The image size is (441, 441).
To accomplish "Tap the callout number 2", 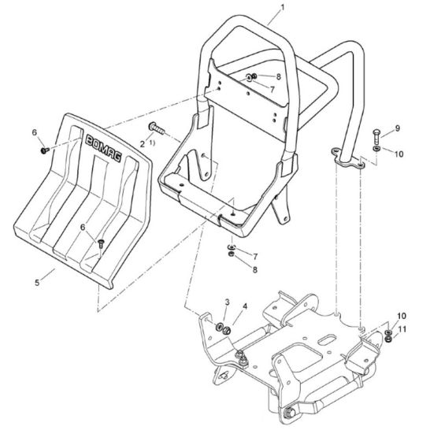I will (x=143, y=143).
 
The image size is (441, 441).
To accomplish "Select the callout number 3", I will (x=227, y=302).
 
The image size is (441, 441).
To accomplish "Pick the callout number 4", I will (x=244, y=306).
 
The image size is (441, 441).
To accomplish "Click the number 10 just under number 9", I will (x=398, y=154).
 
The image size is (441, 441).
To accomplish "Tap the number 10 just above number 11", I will (x=402, y=315).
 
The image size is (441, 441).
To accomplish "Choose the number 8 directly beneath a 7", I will (x=254, y=270).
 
